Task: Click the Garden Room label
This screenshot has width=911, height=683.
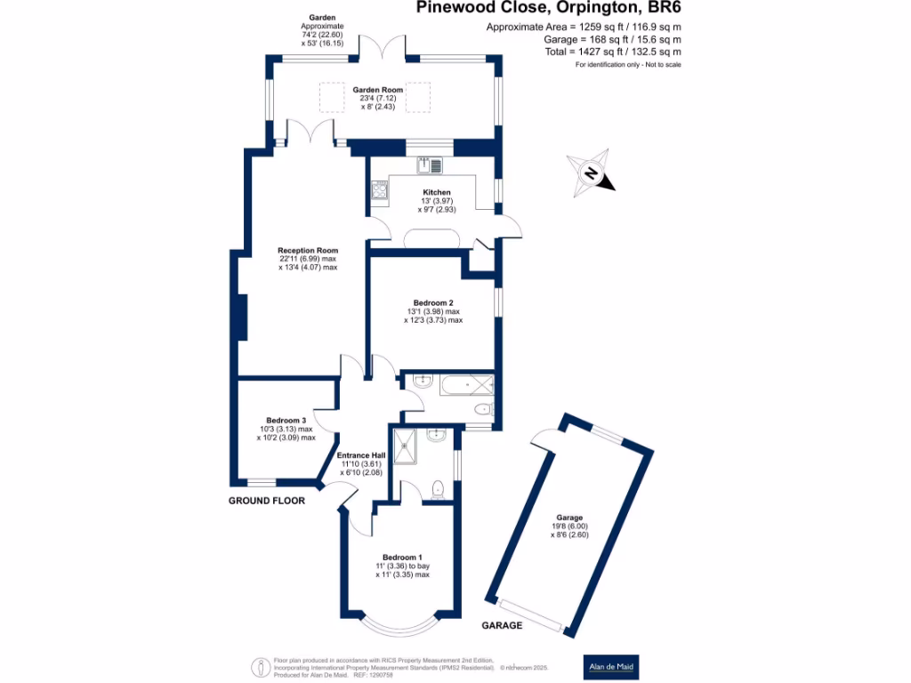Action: (x=377, y=90)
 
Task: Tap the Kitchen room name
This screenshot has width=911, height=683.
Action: (x=437, y=192)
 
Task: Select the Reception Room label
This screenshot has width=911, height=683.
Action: (x=308, y=251)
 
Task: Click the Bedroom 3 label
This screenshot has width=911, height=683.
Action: (x=286, y=421)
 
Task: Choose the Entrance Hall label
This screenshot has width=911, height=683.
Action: (x=361, y=455)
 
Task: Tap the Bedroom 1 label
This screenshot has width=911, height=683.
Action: (x=402, y=557)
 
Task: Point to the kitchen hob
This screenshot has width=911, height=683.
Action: (x=380, y=189)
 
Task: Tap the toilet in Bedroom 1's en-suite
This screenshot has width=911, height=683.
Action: (x=437, y=488)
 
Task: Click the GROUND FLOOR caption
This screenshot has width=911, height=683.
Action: (x=267, y=501)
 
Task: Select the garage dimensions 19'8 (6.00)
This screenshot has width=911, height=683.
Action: (x=569, y=526)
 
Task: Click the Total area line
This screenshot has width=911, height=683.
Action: (x=612, y=52)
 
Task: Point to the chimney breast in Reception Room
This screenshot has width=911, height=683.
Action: (x=242, y=316)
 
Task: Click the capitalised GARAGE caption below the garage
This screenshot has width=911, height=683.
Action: (x=502, y=626)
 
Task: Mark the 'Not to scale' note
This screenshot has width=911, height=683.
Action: (x=660, y=66)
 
